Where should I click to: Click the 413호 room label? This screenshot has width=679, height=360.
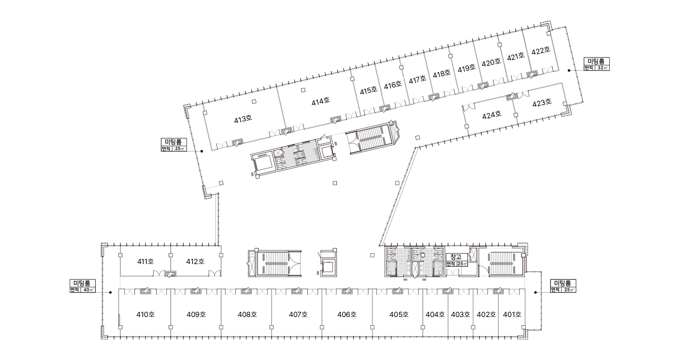243,119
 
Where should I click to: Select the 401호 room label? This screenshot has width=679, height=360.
512,315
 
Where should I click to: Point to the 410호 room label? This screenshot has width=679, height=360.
145,315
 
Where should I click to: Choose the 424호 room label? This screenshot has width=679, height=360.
492,115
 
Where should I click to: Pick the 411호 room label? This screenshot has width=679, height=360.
145,261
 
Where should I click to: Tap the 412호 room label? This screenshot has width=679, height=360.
195,261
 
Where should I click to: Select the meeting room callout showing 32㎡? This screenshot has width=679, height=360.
597,64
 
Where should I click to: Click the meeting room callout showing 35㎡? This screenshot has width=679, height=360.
174,144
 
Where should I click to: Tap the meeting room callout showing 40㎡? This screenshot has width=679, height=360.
82,286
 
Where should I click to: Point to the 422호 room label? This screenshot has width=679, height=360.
541,51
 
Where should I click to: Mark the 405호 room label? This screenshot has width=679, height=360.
399,315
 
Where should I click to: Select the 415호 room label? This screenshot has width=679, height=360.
368,91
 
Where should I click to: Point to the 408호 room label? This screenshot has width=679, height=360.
247,315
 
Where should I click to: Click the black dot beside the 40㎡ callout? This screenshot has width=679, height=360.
110,293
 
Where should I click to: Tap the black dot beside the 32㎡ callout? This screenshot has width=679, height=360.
569,70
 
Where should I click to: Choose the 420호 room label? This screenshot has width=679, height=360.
491,62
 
